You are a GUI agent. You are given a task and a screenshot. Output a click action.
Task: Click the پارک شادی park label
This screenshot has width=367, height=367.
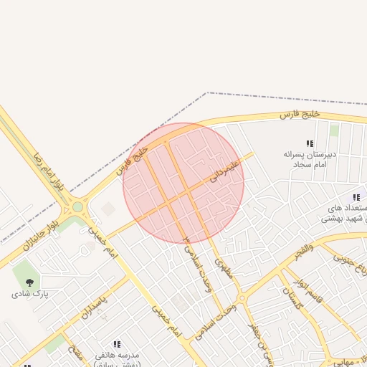click(x=29, y=294)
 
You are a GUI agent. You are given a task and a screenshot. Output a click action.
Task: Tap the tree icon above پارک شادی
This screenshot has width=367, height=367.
click(x=29, y=282)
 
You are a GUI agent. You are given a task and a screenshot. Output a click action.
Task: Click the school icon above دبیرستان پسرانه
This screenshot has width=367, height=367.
click(x=310, y=144)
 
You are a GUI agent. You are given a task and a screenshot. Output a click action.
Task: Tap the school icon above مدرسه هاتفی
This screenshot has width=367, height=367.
click(x=117, y=344)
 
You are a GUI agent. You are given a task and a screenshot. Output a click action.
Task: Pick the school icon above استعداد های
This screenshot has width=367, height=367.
click(x=356, y=197)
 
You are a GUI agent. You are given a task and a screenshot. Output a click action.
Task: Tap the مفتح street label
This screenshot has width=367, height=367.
click(x=74, y=353)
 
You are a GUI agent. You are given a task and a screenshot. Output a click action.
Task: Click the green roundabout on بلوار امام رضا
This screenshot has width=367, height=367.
click(x=77, y=208)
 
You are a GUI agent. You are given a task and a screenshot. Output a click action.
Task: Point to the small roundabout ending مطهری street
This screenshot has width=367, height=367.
click(x=242, y=297)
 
